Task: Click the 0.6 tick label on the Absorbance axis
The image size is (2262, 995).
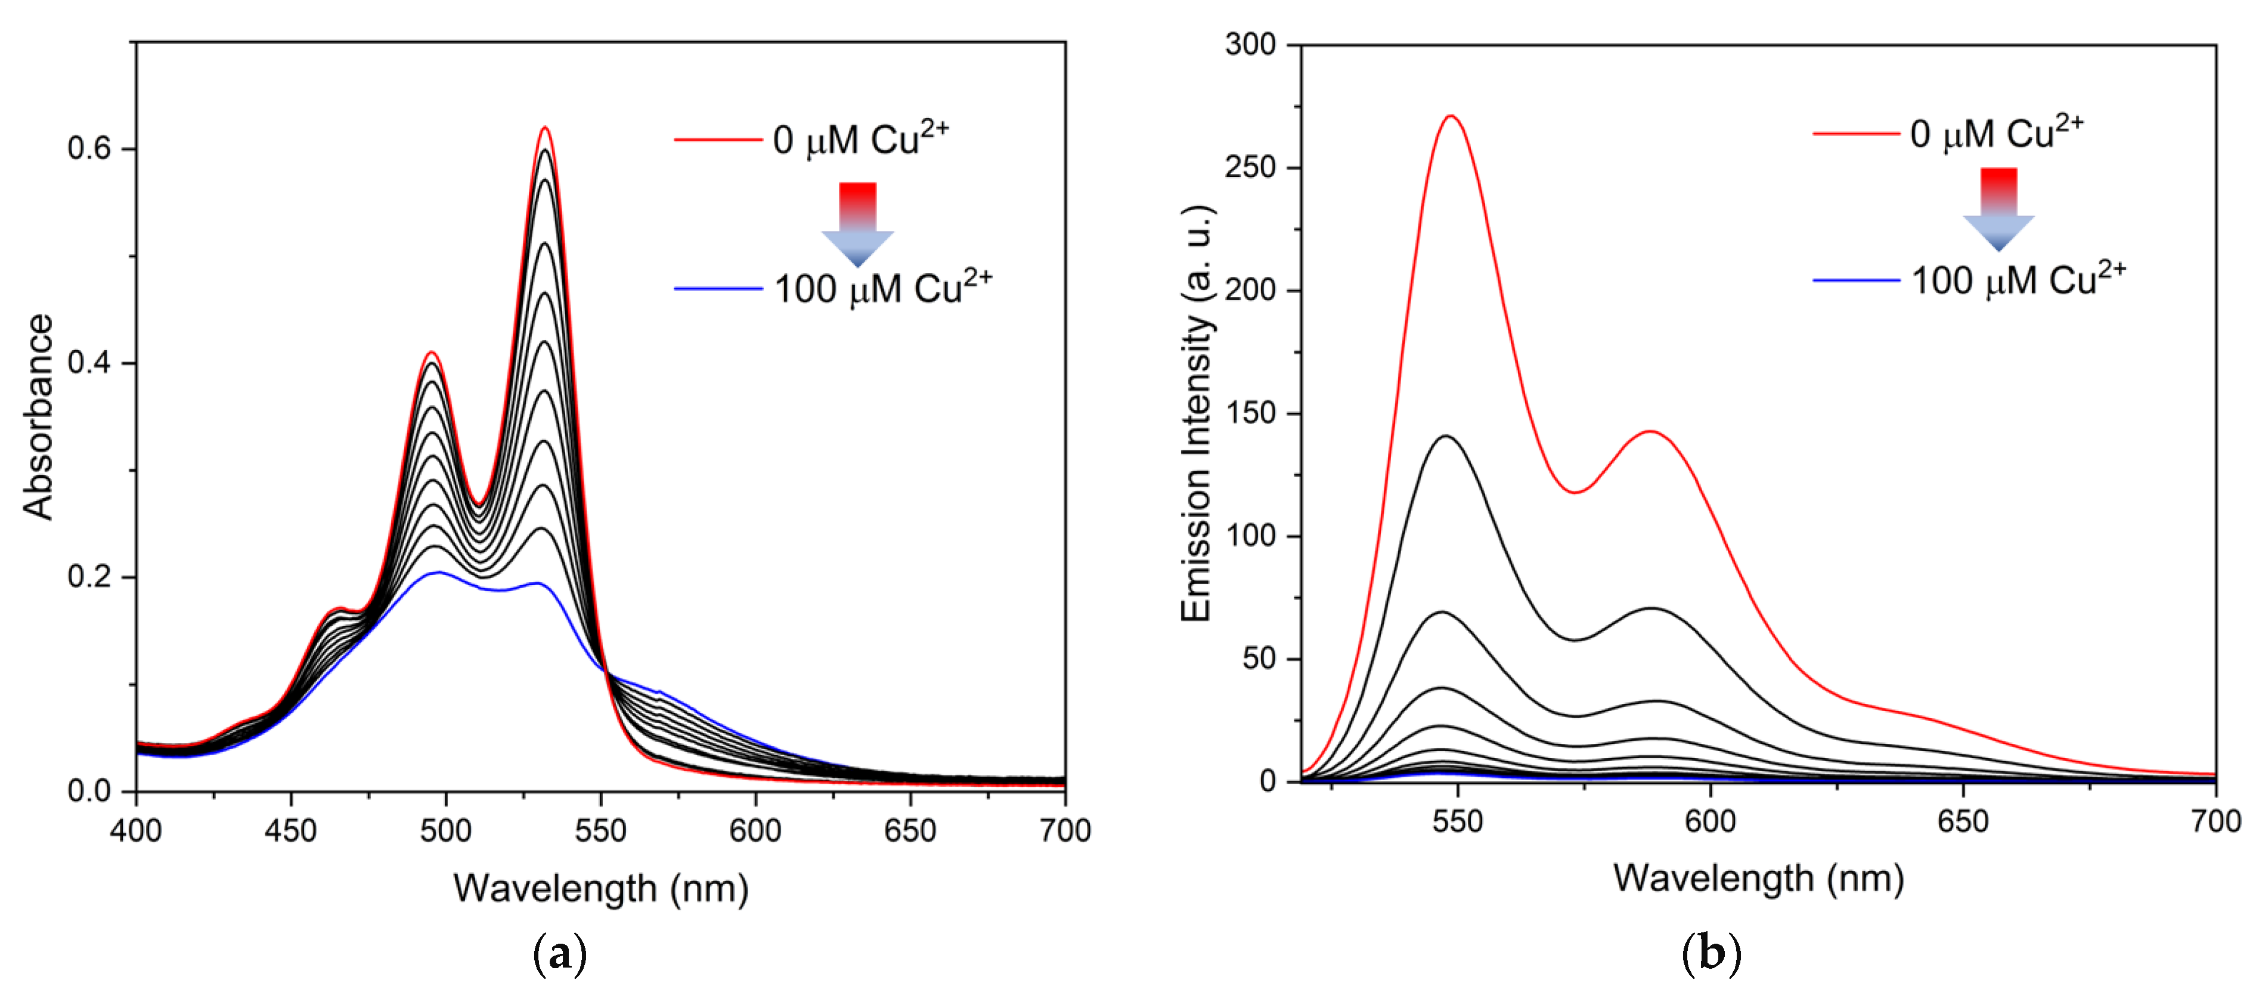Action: click(89, 149)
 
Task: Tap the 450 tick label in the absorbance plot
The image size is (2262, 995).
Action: click(290, 830)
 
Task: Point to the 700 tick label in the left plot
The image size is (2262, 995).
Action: click(1064, 830)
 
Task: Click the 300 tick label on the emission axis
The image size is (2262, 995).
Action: click(1250, 44)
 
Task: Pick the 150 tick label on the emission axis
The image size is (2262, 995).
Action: click(1250, 413)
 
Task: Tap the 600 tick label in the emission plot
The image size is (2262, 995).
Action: click(1710, 821)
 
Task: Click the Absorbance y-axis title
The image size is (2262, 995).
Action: click(39, 417)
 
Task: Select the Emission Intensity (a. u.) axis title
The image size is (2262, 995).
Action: click(1196, 413)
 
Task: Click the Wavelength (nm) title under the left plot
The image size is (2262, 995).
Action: click(600, 889)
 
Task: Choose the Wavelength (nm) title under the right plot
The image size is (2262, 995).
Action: click(1758, 878)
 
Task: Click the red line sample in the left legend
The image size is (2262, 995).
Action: click(717, 140)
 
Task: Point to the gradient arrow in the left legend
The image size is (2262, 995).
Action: click(857, 223)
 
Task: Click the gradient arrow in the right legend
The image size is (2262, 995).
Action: click(1998, 209)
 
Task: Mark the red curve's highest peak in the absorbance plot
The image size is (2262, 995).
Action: click(544, 128)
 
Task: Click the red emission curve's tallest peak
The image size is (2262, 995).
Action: click(1451, 116)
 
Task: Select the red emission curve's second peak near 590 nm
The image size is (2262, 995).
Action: click(1651, 431)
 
